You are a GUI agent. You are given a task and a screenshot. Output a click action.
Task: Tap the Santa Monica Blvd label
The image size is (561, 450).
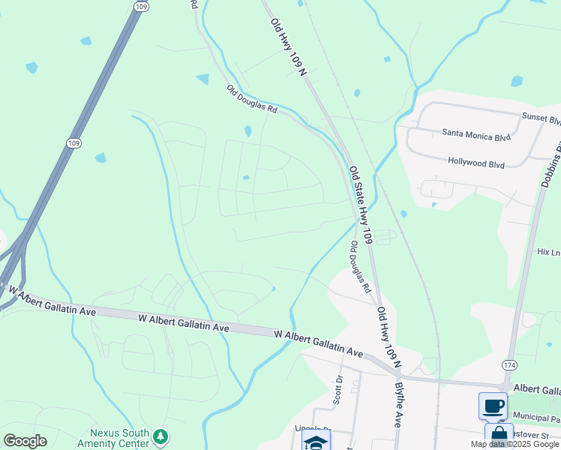click(475, 136)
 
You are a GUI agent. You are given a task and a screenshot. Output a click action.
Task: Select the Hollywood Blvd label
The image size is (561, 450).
click(478, 161)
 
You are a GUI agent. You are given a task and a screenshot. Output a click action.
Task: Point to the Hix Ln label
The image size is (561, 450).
click(548, 253)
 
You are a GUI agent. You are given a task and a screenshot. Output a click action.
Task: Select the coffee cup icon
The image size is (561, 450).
click(493, 406)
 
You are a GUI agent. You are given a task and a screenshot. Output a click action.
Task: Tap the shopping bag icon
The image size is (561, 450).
click(499, 436)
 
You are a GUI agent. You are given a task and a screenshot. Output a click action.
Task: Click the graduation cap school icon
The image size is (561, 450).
click(316, 441)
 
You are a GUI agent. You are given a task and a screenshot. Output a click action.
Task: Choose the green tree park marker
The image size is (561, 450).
click(159, 436)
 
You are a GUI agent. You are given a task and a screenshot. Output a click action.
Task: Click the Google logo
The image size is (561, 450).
click(25, 441)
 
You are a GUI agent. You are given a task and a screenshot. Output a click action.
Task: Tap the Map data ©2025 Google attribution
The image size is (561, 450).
click(514, 444)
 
